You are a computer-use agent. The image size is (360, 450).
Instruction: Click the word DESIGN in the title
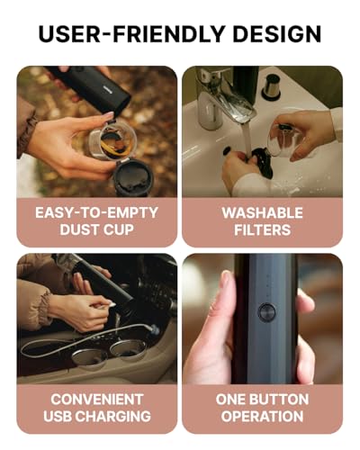pos(276,33)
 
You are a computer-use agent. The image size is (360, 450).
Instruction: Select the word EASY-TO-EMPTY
pos(96,212)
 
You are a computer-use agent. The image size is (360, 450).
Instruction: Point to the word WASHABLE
pos(262,212)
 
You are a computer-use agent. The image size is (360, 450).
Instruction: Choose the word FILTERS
pos(262,229)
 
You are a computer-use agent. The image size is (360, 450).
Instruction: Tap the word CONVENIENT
pos(96,400)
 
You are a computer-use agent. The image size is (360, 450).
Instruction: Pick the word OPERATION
pos(262,416)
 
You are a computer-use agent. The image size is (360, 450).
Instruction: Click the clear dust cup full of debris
pos(113,141)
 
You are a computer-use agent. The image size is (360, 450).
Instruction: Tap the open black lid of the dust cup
pos(132,177)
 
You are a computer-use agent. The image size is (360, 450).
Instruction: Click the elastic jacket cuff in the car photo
pos(46,309)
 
